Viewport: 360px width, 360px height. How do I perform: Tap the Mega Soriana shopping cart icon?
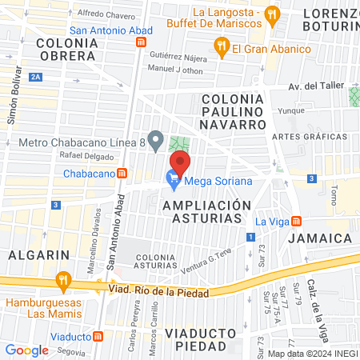(x=173, y=181)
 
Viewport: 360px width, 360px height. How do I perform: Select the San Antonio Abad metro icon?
(x=141, y=42)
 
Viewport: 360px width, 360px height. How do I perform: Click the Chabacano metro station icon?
(x=122, y=173)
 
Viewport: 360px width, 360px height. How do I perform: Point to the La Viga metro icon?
(x=296, y=221)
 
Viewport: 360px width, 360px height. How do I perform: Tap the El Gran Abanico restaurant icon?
(x=222, y=49)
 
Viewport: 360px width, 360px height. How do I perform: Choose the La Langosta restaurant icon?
(x=272, y=14)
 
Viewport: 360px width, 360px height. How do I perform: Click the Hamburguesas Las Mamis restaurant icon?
(x=62, y=281)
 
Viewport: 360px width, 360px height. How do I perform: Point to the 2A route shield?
(x=34, y=77)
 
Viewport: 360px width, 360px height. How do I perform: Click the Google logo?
(x=26, y=350)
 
